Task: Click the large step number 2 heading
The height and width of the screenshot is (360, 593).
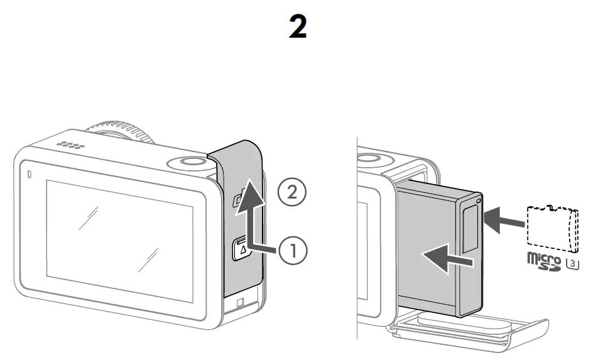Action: point(297,26)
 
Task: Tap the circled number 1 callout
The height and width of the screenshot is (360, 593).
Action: point(293,250)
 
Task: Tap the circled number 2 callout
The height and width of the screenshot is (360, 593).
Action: point(292,192)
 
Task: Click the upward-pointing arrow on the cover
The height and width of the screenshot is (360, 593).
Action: point(249,214)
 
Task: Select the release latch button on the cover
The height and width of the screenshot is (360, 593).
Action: point(242,248)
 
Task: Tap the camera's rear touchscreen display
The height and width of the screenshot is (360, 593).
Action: point(119,241)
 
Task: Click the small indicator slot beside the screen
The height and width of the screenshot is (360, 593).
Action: point(30,174)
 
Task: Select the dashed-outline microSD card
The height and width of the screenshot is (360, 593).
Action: point(553,229)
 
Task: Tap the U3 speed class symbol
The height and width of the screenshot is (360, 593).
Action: point(572,263)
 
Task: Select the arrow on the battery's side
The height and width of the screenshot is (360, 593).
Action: point(447,258)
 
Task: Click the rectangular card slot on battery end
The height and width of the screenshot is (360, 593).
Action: point(470,229)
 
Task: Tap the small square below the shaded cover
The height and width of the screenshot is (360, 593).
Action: point(240,303)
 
